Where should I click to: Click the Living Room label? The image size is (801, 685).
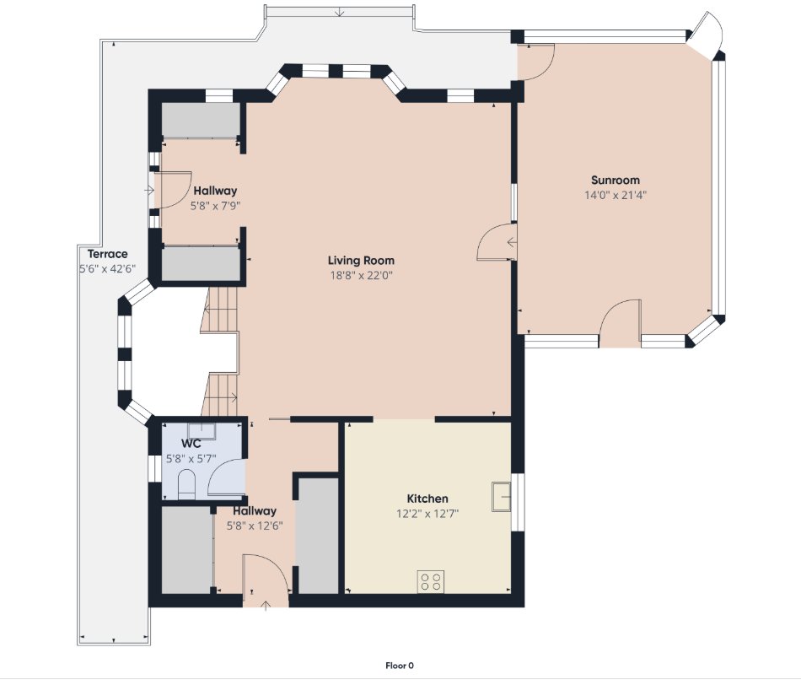[361, 261]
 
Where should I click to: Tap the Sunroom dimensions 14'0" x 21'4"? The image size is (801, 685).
[615, 195]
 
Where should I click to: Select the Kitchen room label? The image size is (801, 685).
[427, 499]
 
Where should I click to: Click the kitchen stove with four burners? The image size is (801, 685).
[432, 580]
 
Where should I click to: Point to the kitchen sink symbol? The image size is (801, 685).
[503, 496]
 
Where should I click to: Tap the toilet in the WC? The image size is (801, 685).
[186, 486]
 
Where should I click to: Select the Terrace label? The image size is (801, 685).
[107, 254]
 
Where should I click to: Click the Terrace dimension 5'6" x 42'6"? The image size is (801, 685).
[107, 269]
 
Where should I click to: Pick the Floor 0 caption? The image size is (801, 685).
[400, 666]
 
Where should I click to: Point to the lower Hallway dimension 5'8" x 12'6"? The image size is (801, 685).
[255, 525]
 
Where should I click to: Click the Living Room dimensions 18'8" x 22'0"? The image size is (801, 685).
[361, 275]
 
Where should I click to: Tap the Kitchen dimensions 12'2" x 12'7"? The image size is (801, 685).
[427, 513]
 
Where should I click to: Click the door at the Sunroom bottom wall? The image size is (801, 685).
[620, 323]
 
